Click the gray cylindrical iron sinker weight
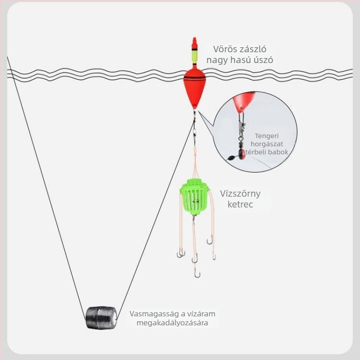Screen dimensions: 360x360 pos(101,318)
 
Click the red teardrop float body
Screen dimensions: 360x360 pos(195,86)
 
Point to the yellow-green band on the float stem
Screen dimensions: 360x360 pos(195,57)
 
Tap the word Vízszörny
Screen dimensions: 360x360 pos(240,193)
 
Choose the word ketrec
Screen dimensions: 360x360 pos(240,204)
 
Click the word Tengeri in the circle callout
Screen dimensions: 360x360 pos(266,136)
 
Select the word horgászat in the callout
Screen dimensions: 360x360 pos(267,144)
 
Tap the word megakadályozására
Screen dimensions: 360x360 pos(172,323)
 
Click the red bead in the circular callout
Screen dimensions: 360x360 pos(242,154)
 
